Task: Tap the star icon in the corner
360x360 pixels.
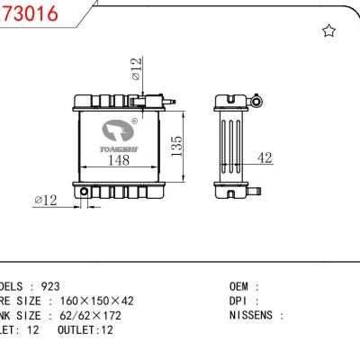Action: (328, 31)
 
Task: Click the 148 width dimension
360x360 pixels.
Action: (118, 160)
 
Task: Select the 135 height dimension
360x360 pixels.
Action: (177, 144)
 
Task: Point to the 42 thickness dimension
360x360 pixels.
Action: (265, 158)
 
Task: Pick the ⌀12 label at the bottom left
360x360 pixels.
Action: (46, 200)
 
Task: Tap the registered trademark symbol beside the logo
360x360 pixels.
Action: (134, 119)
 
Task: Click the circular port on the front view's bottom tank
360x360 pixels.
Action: (84, 192)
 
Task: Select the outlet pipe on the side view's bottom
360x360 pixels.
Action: (254, 191)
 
